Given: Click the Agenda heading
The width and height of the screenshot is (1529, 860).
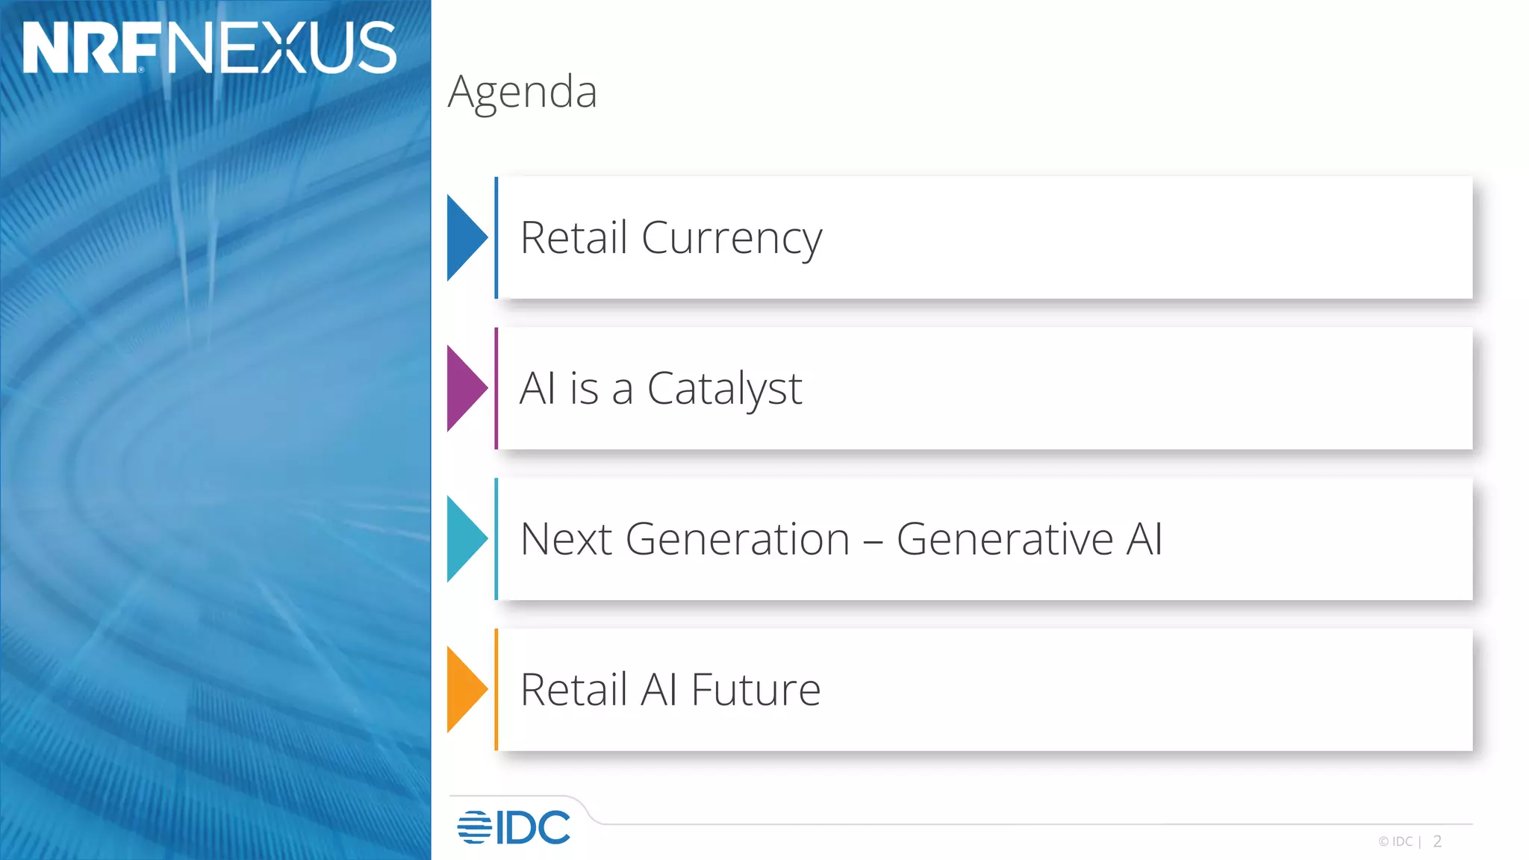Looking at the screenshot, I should click(523, 93).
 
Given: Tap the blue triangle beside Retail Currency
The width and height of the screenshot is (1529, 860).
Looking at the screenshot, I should click(465, 237).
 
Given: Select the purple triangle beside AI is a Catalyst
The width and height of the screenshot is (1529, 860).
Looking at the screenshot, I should click(465, 388).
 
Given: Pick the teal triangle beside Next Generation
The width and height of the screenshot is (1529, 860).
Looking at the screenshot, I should click(465, 539).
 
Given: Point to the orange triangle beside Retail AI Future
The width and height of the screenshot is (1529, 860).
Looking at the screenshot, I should click(465, 689).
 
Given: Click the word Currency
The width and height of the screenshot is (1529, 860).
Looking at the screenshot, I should click(732, 239).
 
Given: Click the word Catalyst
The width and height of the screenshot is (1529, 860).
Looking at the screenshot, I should click(724, 389).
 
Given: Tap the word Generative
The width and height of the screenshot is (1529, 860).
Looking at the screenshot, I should click(1005, 539).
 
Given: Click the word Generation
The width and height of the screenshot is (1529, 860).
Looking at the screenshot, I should click(738, 539).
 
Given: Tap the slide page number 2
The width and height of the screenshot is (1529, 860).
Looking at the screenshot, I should click(1437, 841).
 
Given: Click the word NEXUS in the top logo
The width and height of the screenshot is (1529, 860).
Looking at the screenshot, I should click(281, 48).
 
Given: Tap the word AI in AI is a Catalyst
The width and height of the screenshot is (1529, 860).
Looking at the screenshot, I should click(538, 389).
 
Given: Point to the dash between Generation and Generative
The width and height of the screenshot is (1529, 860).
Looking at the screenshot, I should click(873, 540).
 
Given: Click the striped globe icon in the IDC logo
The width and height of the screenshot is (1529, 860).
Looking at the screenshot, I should click(474, 827).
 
